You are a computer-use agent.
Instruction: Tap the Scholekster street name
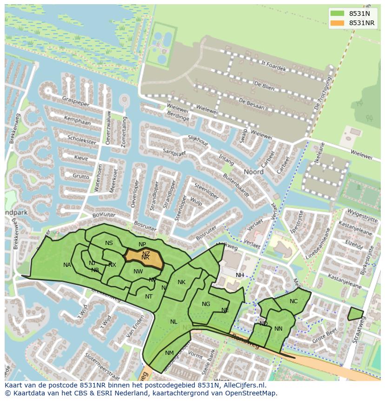click(81, 139)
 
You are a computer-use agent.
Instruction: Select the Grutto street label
click(80, 176)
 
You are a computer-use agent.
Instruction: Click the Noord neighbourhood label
click(254, 171)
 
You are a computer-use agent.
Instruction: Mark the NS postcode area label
click(109, 243)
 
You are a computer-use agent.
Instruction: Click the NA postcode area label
click(67, 265)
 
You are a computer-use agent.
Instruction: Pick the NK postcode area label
click(181, 282)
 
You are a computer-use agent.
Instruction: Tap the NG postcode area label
click(206, 304)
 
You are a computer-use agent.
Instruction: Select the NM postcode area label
click(169, 353)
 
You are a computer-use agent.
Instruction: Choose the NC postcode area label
click(293, 301)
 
